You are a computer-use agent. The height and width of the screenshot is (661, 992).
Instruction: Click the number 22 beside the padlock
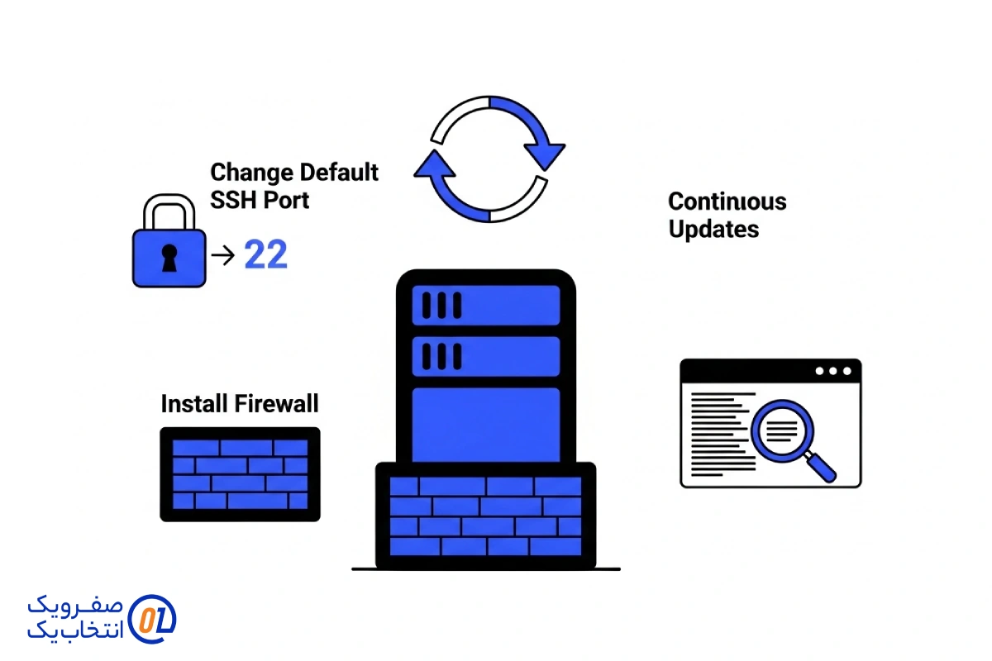[x=266, y=256]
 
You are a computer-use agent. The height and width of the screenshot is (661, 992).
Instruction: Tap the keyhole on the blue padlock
[x=169, y=258]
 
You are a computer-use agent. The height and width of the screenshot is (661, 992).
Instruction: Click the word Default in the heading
[x=339, y=173]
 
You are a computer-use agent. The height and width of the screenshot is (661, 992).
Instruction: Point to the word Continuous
[x=727, y=202]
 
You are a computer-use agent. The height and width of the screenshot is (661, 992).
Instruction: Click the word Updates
[x=713, y=229]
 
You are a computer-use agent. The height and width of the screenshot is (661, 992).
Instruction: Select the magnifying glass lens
[x=781, y=428]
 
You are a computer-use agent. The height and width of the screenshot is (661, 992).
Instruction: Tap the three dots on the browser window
[x=832, y=371]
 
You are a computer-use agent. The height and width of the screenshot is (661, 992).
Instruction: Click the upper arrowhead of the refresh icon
[x=544, y=153]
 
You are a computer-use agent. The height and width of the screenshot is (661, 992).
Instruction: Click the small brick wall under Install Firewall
[x=240, y=473]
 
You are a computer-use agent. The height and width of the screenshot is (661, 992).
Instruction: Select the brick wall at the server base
[x=485, y=516]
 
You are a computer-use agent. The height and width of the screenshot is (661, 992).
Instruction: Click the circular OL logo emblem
[x=154, y=617]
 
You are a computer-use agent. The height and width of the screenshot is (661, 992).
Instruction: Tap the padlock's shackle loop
[x=169, y=212]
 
